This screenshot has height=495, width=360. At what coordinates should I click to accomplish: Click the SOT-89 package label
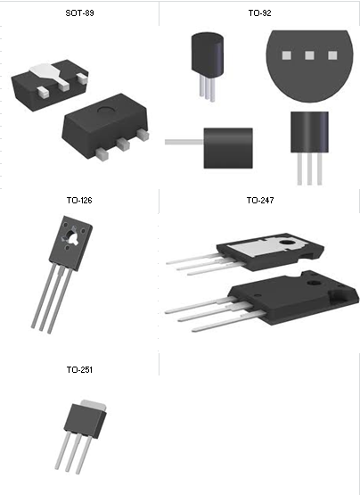pos(79,13)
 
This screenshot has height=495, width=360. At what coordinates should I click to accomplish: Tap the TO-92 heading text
pos(259,13)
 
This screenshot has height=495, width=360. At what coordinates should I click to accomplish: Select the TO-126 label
pos(79,201)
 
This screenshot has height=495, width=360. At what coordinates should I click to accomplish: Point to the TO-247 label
pos(260,201)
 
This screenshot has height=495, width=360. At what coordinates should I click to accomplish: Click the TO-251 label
pos(79,369)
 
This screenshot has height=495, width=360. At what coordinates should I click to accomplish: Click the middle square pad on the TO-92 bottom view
pos(309,55)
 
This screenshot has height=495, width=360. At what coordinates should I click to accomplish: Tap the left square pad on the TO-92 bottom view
pos(287,55)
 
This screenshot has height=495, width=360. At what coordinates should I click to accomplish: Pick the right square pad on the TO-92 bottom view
pos(332,55)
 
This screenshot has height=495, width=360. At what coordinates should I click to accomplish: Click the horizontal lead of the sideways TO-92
pos(184,142)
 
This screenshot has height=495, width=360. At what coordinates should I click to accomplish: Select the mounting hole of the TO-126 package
pos(74,236)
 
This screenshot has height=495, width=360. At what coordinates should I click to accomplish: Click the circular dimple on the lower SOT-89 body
pos(106,111)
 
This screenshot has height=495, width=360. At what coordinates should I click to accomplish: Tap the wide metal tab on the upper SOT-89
pos(51,73)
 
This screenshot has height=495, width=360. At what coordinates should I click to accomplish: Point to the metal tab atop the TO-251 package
pos(94,404)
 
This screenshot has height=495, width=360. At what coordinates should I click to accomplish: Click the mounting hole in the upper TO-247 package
pos(287,243)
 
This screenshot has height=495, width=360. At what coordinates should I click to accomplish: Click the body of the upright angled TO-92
pos(208,55)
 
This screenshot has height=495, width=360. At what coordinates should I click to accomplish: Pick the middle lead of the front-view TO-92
pos(309,169)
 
